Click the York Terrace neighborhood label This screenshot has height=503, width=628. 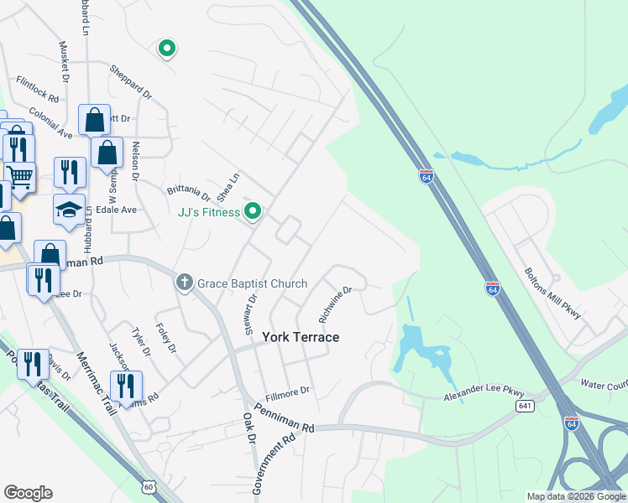[x=301, y=337]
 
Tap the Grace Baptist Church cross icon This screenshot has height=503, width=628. [x=184, y=283]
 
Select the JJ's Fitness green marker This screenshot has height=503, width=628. [x=250, y=210]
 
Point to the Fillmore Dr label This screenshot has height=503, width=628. [x=287, y=391]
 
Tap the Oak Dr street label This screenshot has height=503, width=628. [x=249, y=428]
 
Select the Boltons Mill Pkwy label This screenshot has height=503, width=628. [x=552, y=293]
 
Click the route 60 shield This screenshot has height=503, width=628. [x=149, y=487]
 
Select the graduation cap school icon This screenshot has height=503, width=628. [x=70, y=209]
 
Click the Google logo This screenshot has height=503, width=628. [x=28, y=493]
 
